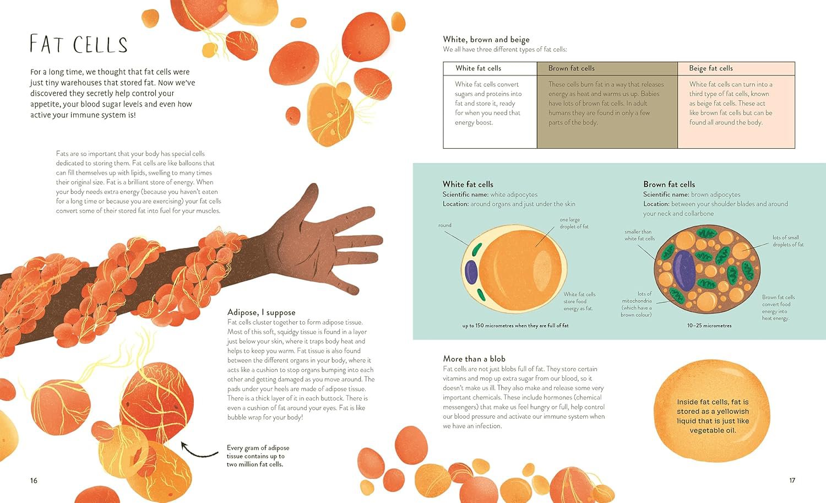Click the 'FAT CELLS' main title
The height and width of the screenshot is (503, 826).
pos(79,44)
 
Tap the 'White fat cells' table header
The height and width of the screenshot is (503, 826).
pos(479,68)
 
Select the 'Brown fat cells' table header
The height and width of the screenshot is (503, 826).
pos(571,68)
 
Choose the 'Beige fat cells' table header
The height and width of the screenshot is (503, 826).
pos(710,68)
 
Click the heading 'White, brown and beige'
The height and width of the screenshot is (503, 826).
pos(486,40)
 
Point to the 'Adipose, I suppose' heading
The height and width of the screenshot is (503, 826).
pos(261,312)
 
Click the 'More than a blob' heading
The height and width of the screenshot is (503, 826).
pos(474,359)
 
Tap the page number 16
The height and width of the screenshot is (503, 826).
pos(34,480)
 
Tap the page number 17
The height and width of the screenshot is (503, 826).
pos(792,480)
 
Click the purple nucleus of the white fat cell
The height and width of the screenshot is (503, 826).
pos(471,272)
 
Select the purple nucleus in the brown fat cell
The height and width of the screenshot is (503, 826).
pos(684,271)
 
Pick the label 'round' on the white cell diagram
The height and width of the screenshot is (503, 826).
pos(445,225)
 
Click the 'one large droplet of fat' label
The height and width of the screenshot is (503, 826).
pos(574,223)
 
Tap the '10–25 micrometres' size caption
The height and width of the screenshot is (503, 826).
pos(709,326)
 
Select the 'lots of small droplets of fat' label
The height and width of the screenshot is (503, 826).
pos(788,241)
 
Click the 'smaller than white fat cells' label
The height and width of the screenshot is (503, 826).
pos(639,235)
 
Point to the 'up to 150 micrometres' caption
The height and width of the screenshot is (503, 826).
pos(515,326)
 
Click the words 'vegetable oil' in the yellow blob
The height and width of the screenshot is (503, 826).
pos(713,431)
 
